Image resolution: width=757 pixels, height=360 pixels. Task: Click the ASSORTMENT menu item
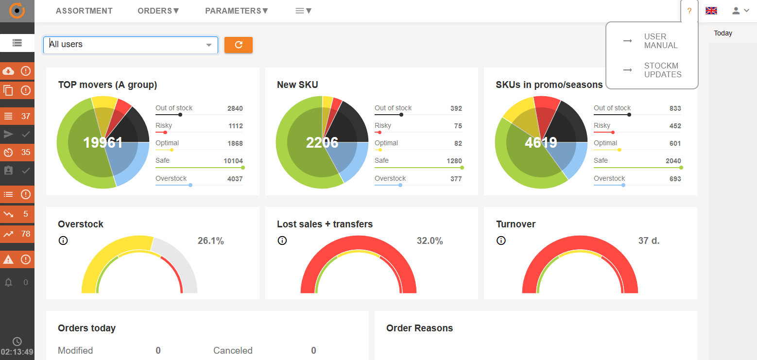(x=84, y=11)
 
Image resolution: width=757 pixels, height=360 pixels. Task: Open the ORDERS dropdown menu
(x=158, y=11)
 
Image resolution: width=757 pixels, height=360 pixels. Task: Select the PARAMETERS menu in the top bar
(x=237, y=11)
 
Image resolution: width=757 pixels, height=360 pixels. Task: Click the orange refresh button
(x=239, y=45)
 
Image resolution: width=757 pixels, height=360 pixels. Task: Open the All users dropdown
(x=131, y=45)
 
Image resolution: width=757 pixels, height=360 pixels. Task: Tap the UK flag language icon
(x=711, y=11)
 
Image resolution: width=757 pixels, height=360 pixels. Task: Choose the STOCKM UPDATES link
(x=662, y=70)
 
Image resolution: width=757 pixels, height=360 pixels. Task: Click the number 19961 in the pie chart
(x=103, y=143)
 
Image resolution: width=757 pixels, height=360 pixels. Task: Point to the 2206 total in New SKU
(x=322, y=142)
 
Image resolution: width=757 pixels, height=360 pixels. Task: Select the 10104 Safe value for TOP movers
(x=233, y=161)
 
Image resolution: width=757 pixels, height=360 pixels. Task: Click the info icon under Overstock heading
(x=63, y=240)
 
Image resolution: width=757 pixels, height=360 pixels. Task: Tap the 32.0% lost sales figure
(x=430, y=240)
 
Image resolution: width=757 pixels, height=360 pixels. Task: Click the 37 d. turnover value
(x=649, y=240)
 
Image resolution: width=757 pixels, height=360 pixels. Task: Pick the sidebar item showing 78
(x=17, y=234)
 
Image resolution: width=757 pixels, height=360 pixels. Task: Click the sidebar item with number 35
(x=17, y=152)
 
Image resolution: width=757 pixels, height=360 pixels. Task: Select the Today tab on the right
(x=723, y=33)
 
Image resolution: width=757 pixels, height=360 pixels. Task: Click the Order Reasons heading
(x=419, y=328)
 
